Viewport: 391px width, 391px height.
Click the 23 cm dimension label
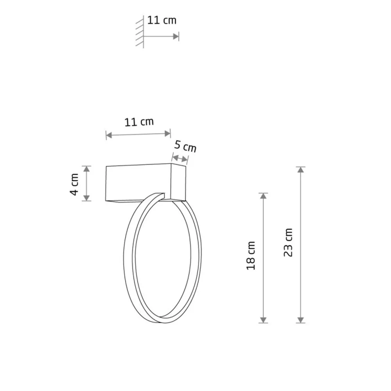[288, 242]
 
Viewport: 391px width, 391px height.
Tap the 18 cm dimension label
[251, 256]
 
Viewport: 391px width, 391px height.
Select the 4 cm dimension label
[74, 185]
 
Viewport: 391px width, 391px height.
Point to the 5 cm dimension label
[185, 146]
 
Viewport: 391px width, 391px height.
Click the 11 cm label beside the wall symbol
[162, 20]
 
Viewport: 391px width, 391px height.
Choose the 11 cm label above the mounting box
[139, 122]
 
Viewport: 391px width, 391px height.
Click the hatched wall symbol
[140, 32]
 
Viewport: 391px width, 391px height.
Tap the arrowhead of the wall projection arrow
[176, 36]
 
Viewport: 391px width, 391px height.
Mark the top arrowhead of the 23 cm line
[301, 170]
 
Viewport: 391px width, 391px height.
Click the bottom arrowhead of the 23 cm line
[301, 320]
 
